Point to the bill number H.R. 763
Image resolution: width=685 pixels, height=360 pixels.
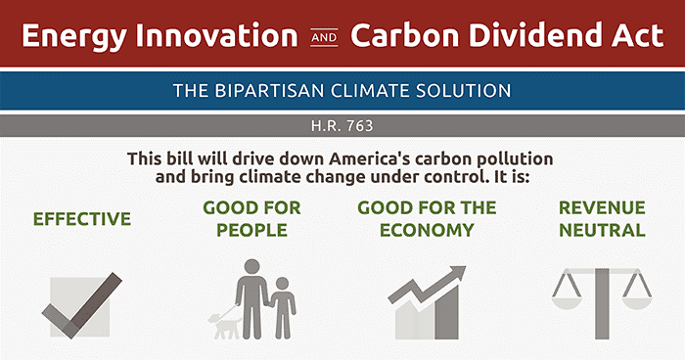(342, 126)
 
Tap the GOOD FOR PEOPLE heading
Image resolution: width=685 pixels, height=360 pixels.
(251, 219)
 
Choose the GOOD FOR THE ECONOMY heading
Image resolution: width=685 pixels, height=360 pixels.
(427, 219)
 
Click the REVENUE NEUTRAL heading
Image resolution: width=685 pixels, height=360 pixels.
(601, 219)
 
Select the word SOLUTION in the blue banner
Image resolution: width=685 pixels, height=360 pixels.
(460, 91)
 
